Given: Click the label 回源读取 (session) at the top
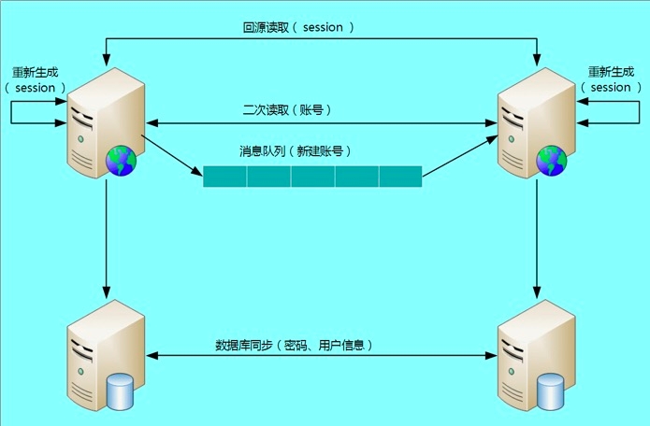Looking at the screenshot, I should (x=298, y=28).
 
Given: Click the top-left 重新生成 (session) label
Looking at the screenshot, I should (x=37, y=79).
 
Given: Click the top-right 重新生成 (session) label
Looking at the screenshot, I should (x=612, y=79).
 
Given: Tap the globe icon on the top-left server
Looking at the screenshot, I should (x=121, y=162).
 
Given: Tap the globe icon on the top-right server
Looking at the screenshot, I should (x=551, y=162).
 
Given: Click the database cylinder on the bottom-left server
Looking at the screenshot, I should (x=121, y=392).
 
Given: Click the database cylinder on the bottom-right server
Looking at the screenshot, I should (x=551, y=392).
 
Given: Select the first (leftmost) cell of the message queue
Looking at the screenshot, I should (x=225, y=176).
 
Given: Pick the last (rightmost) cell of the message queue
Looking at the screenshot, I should (x=400, y=176).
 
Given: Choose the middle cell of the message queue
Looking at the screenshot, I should (x=312, y=176).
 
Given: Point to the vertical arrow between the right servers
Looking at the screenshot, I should (x=537, y=234).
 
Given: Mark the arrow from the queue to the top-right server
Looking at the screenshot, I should (x=458, y=155).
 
